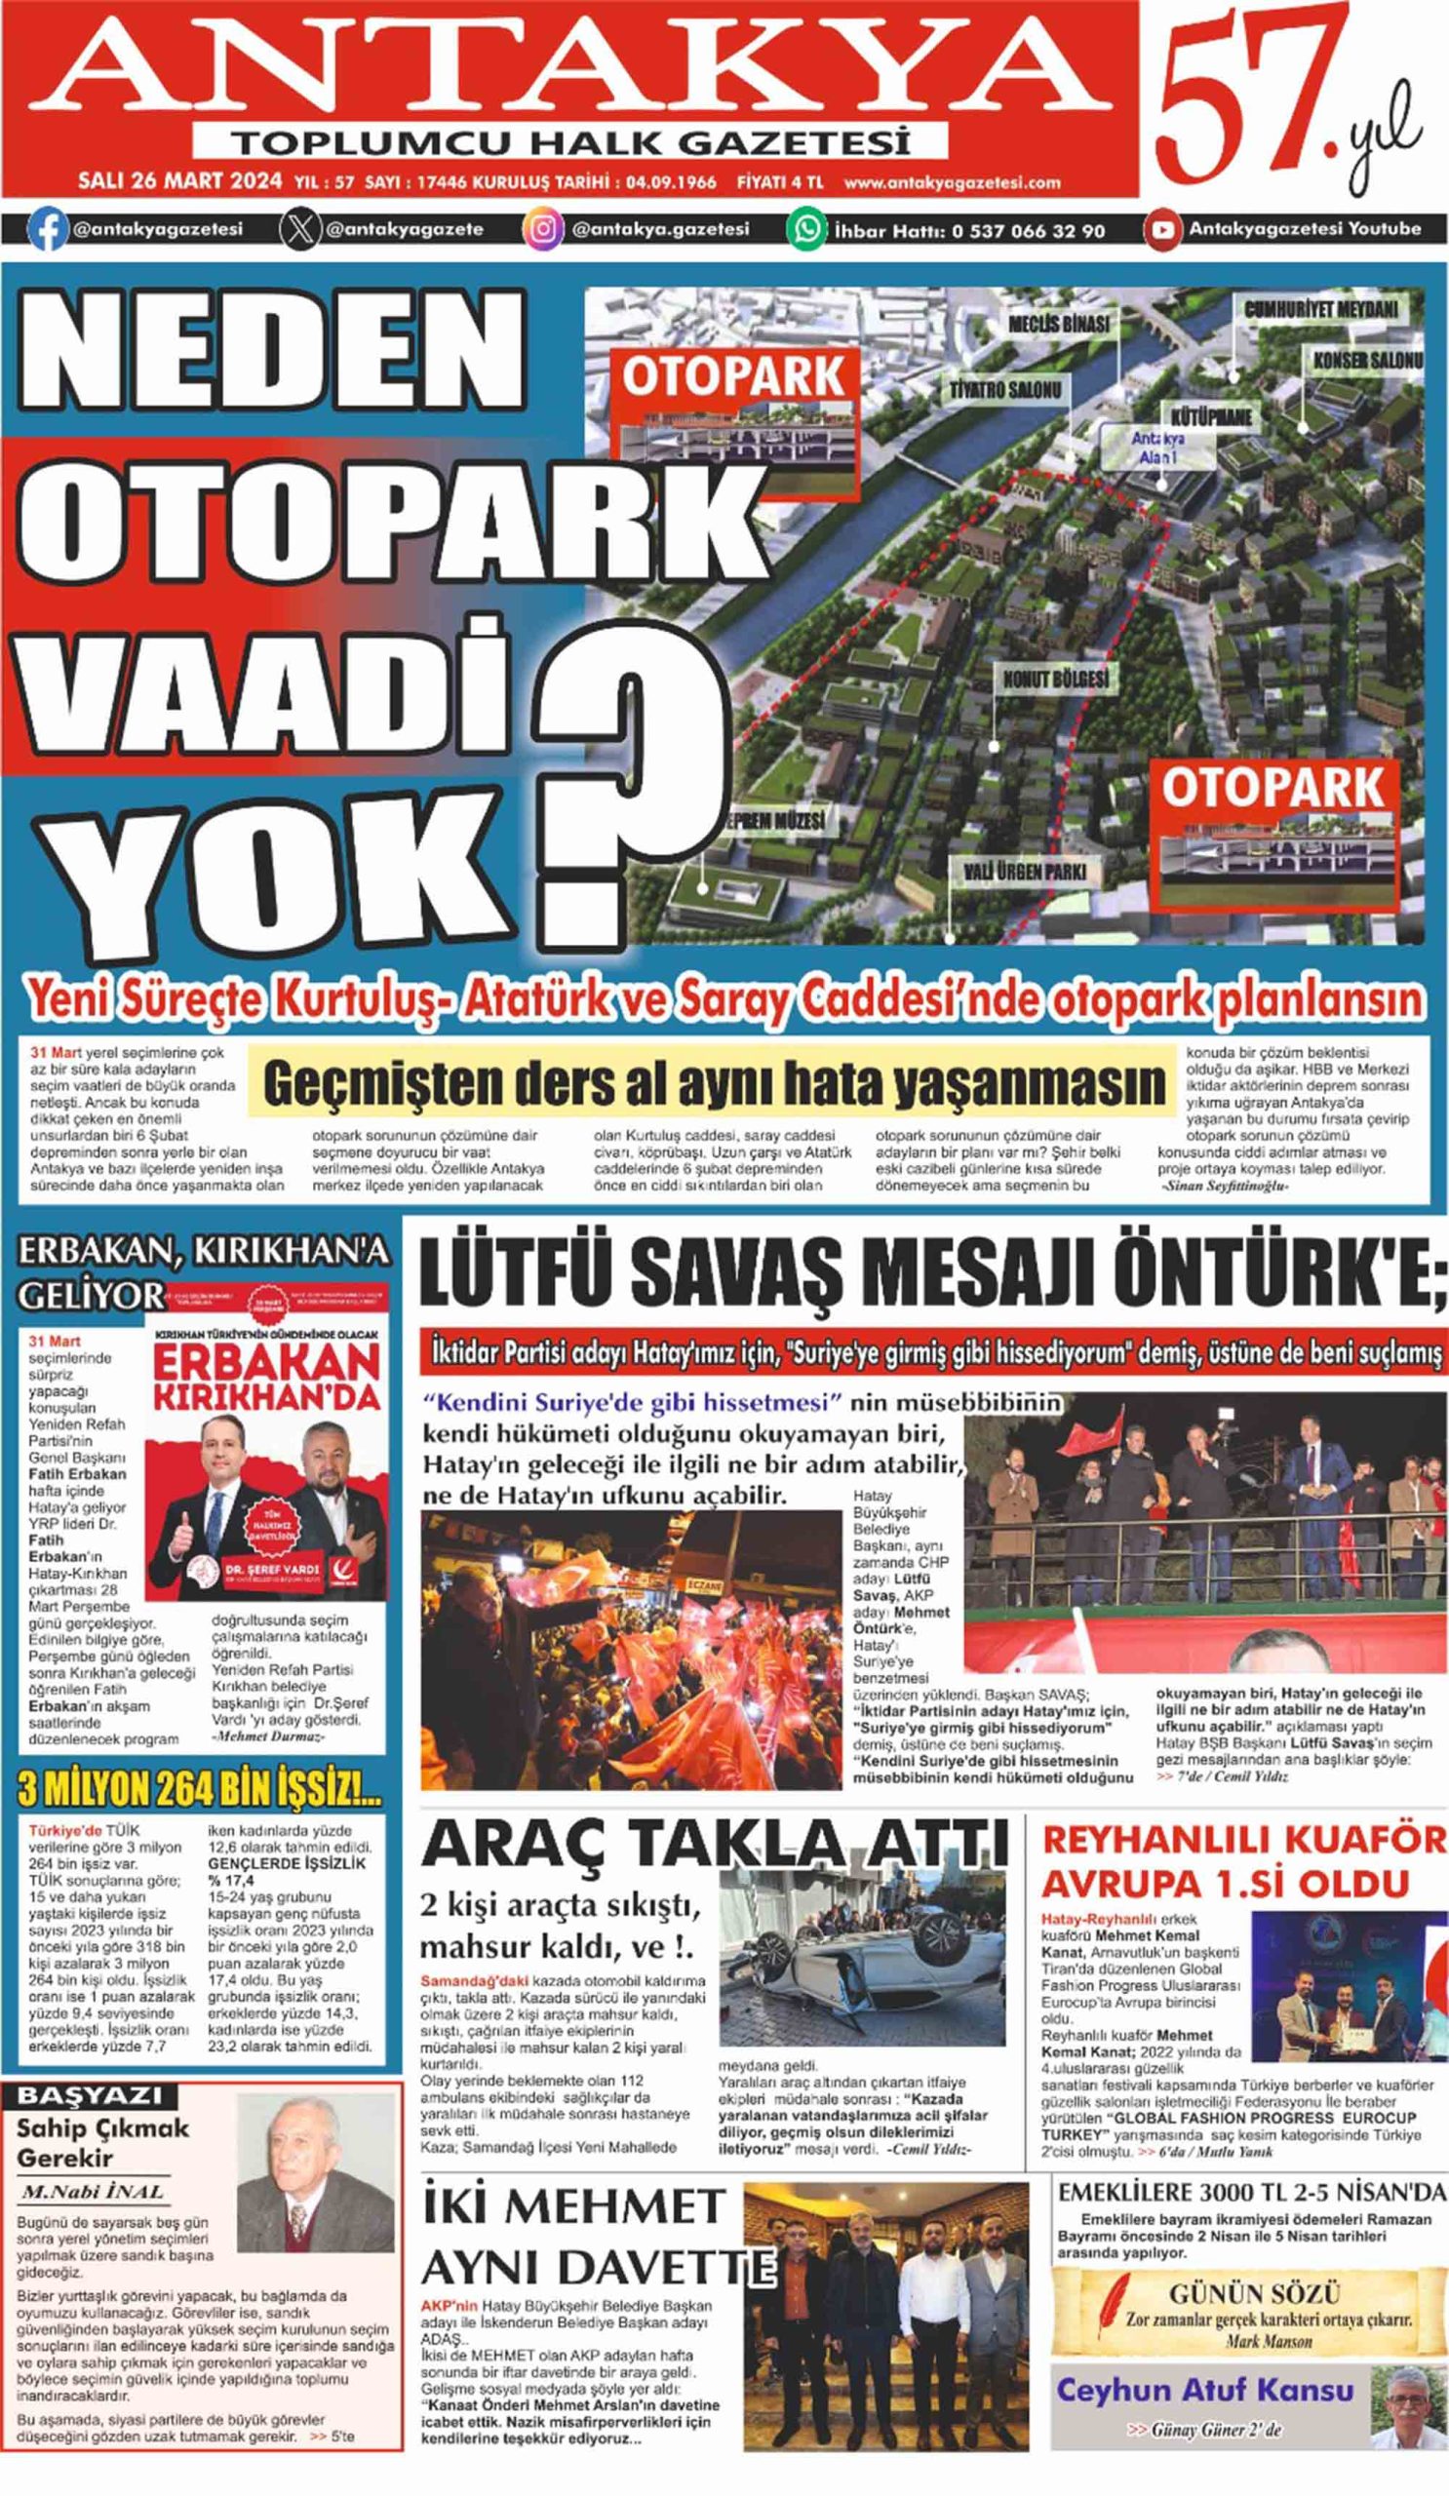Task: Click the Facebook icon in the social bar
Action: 47,230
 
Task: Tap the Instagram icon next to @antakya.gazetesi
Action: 544,230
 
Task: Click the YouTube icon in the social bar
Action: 1162,230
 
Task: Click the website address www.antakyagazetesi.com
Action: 952,182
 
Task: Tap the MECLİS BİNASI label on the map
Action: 1059,324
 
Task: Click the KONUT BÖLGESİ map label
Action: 1056,680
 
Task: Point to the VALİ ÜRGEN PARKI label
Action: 1025,872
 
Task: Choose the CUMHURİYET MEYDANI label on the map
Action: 1320,309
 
